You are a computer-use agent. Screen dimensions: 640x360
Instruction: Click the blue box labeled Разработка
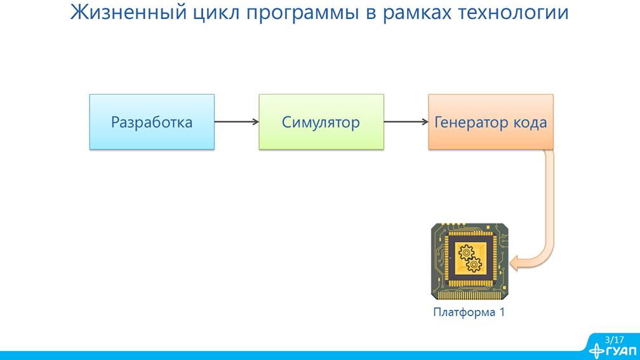(152, 122)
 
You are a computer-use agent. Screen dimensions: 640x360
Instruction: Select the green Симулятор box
(321, 122)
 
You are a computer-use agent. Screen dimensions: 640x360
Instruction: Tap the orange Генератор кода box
(491, 122)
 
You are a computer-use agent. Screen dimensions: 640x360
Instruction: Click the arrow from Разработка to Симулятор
(237, 122)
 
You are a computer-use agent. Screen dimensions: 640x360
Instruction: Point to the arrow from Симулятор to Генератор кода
(406, 122)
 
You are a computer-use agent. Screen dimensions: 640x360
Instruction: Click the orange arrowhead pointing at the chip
(514, 263)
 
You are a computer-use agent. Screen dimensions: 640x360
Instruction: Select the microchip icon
(469, 261)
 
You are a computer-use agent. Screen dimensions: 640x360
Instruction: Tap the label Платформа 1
(469, 312)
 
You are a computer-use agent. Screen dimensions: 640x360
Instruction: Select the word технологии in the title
(514, 12)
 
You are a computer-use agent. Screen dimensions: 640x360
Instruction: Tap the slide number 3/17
(615, 340)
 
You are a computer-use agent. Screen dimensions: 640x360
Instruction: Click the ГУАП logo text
(622, 352)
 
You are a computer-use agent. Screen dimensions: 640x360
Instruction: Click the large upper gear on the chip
(466, 253)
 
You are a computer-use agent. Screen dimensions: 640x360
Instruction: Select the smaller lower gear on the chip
(474, 265)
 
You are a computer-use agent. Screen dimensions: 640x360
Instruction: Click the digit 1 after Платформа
(502, 312)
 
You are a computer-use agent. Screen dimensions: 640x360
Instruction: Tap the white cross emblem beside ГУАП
(597, 351)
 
